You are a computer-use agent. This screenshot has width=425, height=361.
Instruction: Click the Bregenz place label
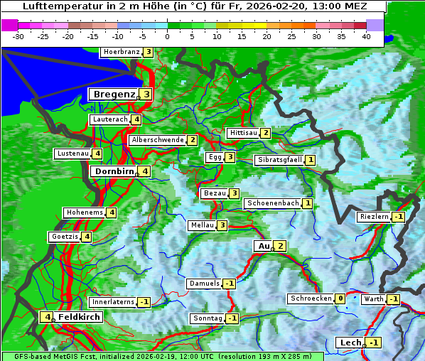(x=113, y=94)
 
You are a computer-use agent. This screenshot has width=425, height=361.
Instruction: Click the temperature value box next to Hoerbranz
(x=148, y=52)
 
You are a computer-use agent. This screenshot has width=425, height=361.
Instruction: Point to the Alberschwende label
(x=158, y=140)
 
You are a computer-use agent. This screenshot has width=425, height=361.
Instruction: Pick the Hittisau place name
(x=243, y=133)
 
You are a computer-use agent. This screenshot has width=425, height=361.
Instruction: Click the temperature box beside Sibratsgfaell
(x=311, y=161)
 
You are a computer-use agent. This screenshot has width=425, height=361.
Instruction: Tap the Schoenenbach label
(x=272, y=203)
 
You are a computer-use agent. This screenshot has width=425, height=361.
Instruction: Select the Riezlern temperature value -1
(x=399, y=217)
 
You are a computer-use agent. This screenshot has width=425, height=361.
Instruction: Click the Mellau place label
(x=201, y=225)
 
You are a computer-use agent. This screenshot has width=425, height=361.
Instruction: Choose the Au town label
(x=263, y=246)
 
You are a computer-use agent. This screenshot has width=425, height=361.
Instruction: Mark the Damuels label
(x=204, y=284)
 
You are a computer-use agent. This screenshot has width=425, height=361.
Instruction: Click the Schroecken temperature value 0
(x=340, y=298)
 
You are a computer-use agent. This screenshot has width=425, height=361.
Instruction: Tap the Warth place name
(x=374, y=299)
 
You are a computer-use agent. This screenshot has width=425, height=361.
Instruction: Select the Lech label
(x=351, y=343)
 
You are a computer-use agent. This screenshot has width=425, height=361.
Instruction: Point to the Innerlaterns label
(x=113, y=302)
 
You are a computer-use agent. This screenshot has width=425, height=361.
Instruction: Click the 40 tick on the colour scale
(x=366, y=36)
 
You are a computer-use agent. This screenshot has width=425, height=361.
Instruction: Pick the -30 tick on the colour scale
(x=18, y=36)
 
